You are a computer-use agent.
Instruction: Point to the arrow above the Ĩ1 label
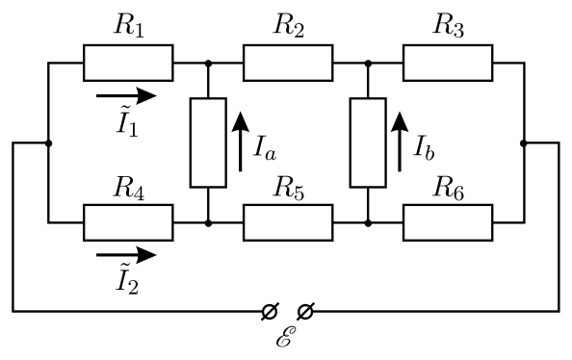(126, 95)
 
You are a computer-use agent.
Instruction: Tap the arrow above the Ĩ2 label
(126, 255)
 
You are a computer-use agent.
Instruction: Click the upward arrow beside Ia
(241, 141)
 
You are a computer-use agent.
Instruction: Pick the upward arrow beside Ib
(400, 141)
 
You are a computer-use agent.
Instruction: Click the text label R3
(449, 26)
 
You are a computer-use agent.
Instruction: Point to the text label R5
(289, 189)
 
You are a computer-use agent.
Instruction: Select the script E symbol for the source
(284, 337)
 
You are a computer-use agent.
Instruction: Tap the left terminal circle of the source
(270, 312)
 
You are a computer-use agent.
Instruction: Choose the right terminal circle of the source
(305, 312)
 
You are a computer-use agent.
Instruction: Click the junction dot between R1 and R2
(208, 64)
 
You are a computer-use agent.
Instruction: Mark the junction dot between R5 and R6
(368, 223)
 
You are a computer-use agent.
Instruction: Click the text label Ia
(265, 148)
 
